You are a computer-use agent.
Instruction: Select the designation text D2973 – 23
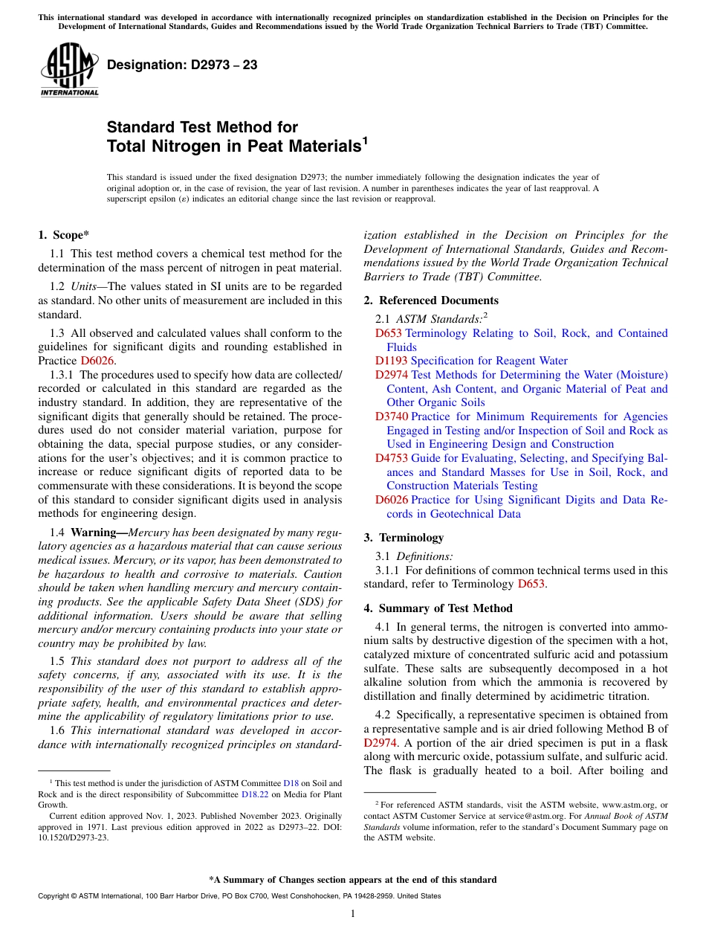[x=182, y=65]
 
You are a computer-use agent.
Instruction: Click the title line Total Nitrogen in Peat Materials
[x=234, y=147]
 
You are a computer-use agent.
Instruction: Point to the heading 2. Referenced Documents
[x=431, y=300]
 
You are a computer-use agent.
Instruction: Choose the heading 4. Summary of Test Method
[x=438, y=608]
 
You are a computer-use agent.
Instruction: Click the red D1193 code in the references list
[x=391, y=361]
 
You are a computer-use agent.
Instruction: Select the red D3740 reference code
[x=391, y=416]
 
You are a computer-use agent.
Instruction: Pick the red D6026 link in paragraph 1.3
[x=97, y=361]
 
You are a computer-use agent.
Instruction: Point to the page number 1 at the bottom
[x=353, y=914]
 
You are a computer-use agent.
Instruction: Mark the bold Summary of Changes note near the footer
[x=353, y=880]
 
